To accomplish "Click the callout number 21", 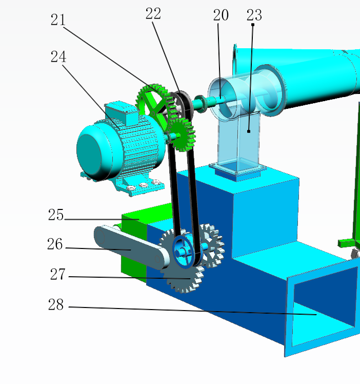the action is (x=58, y=20).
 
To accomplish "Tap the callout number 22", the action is (x=153, y=13).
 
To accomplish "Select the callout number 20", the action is (x=221, y=15).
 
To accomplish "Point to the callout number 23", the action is (x=254, y=15).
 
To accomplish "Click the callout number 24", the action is (x=58, y=56).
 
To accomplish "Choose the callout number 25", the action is (x=56, y=215).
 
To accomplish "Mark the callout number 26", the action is (x=55, y=244).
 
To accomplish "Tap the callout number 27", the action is (x=58, y=274).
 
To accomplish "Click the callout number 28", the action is (x=56, y=304).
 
